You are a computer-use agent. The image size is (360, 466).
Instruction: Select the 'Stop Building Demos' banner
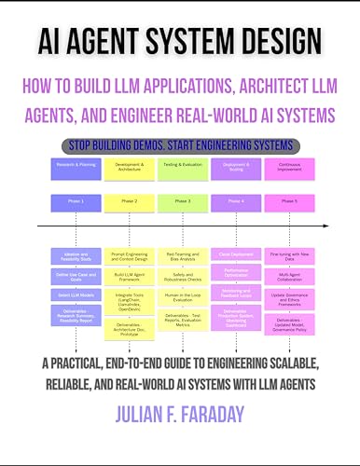[x=180, y=146]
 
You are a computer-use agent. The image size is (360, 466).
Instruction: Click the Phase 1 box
[x=76, y=202]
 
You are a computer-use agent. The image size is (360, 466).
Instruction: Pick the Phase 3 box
[x=183, y=202]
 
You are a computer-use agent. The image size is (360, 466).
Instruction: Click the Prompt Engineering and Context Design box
[x=130, y=256]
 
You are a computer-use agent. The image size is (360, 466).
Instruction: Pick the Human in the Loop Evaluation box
[x=183, y=295]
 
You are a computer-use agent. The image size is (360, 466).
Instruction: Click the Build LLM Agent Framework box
[x=130, y=276]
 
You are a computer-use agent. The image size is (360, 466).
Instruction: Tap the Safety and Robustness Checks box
[x=183, y=276]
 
